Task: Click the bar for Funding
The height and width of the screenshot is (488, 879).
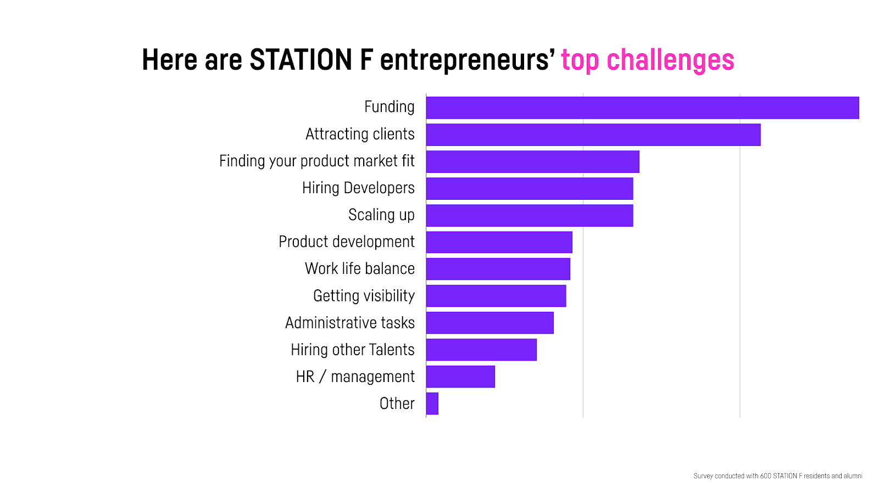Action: [x=642, y=108]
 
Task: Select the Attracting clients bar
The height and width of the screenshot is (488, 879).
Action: [x=593, y=135]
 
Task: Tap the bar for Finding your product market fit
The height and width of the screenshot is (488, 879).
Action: [x=533, y=161]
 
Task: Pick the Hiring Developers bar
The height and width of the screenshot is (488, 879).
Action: [x=530, y=188]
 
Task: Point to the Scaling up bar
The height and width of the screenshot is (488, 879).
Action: [x=530, y=216]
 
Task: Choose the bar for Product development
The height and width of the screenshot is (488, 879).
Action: [x=499, y=242]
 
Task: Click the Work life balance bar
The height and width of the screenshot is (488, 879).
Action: [x=498, y=269]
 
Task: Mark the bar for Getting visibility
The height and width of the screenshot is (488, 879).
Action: [x=497, y=296]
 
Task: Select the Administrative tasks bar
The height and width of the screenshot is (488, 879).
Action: [x=490, y=323]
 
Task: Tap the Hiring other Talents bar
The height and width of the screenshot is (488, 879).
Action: [x=481, y=350]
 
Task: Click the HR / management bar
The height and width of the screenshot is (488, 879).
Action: [x=461, y=377]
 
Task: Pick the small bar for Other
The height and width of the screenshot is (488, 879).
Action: [x=432, y=403]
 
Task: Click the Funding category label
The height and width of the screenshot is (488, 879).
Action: [x=390, y=107]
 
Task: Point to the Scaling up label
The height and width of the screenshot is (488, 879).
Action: [x=381, y=215]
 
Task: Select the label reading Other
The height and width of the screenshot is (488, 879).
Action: [x=397, y=403]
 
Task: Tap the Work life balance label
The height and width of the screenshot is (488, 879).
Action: [x=360, y=268]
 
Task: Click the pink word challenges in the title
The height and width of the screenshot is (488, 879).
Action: [x=670, y=60]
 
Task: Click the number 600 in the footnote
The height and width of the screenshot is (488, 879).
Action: [x=766, y=476]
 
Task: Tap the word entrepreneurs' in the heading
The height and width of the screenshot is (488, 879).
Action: [x=468, y=61]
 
